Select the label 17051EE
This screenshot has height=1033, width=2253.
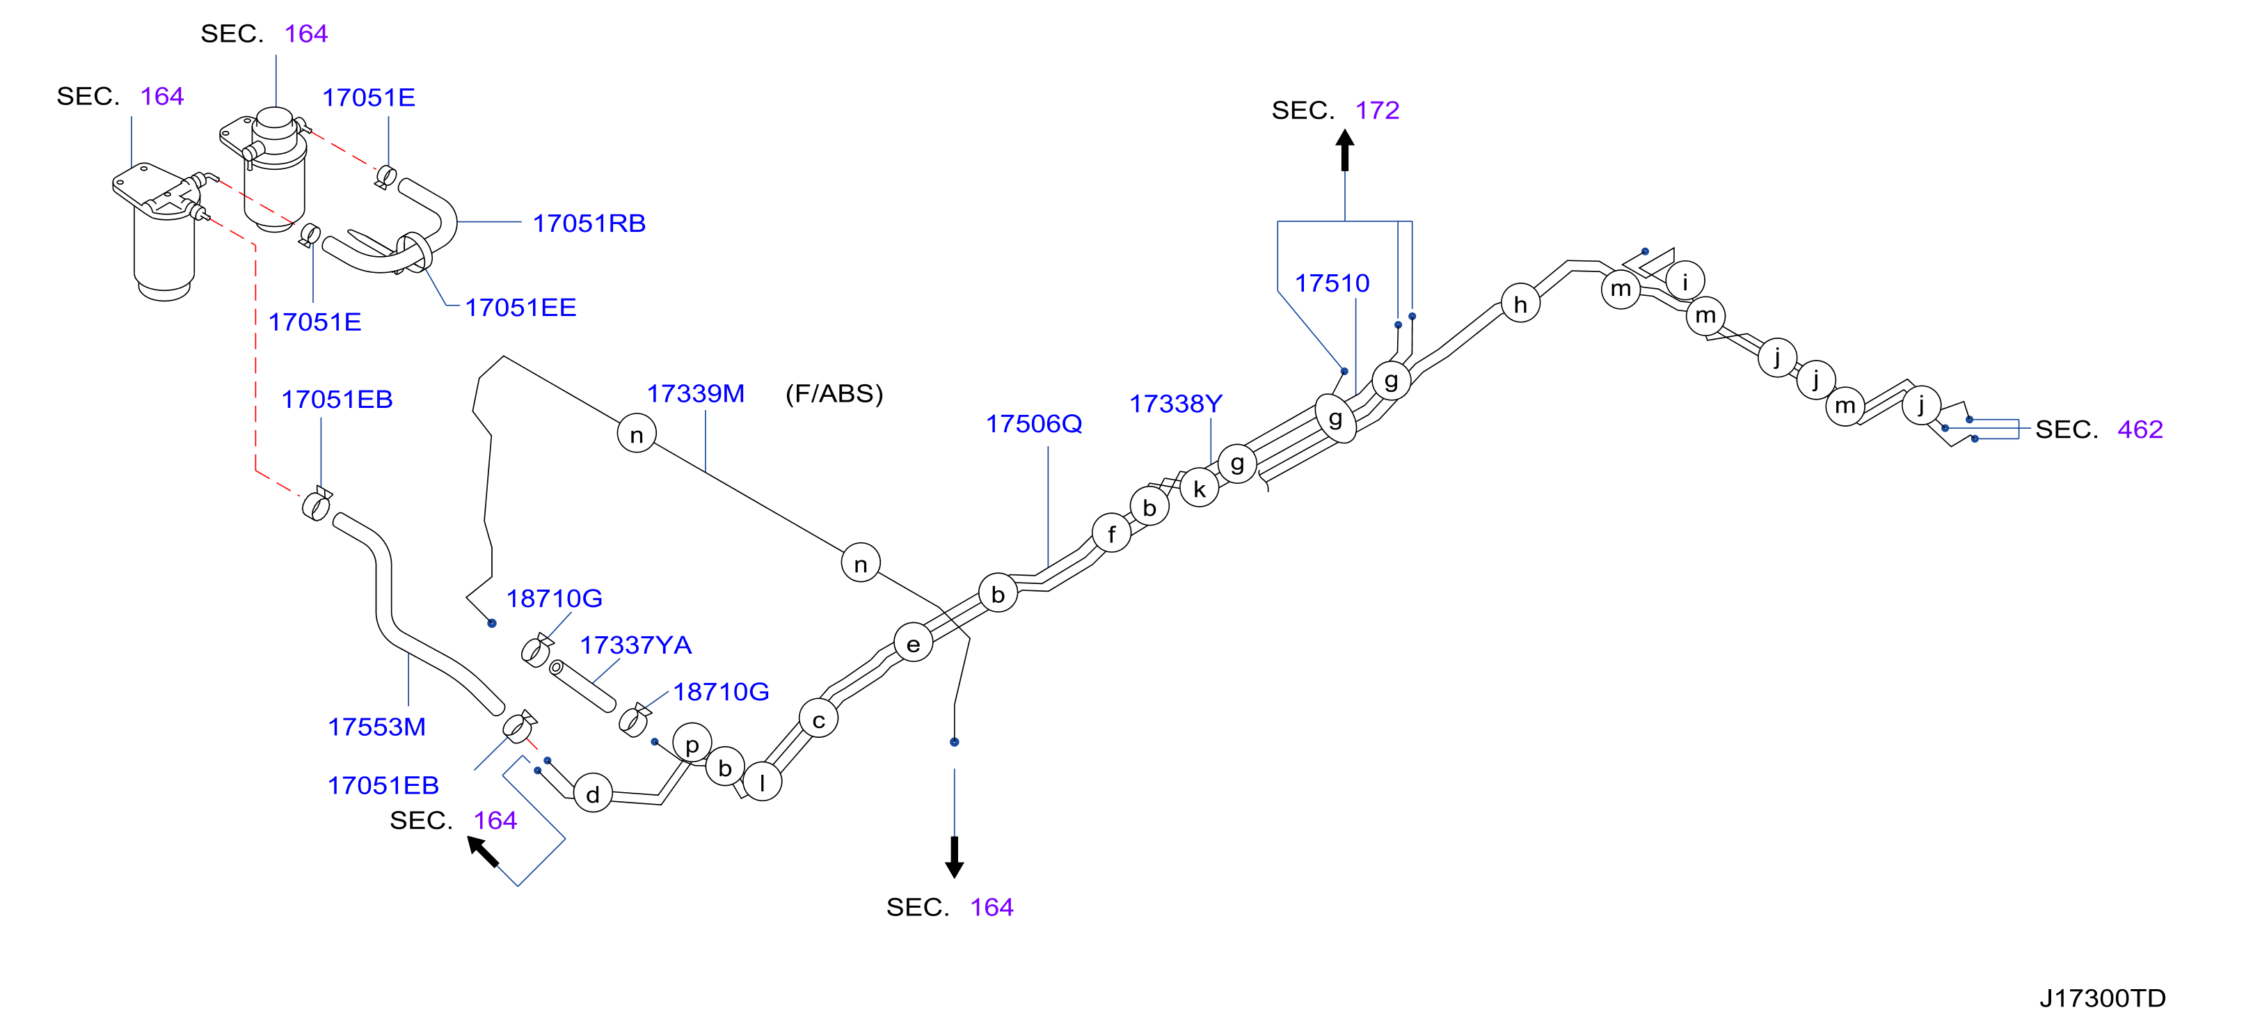pyautogui.click(x=520, y=307)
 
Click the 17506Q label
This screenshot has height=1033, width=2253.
pyautogui.click(x=1034, y=423)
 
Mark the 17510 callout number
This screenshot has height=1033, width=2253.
pyautogui.click(x=1332, y=283)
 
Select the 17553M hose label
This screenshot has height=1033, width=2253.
pyautogui.click(x=376, y=726)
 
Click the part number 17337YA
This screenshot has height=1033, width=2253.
pyautogui.click(x=636, y=645)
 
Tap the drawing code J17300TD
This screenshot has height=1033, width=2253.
pyautogui.click(x=2103, y=998)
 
